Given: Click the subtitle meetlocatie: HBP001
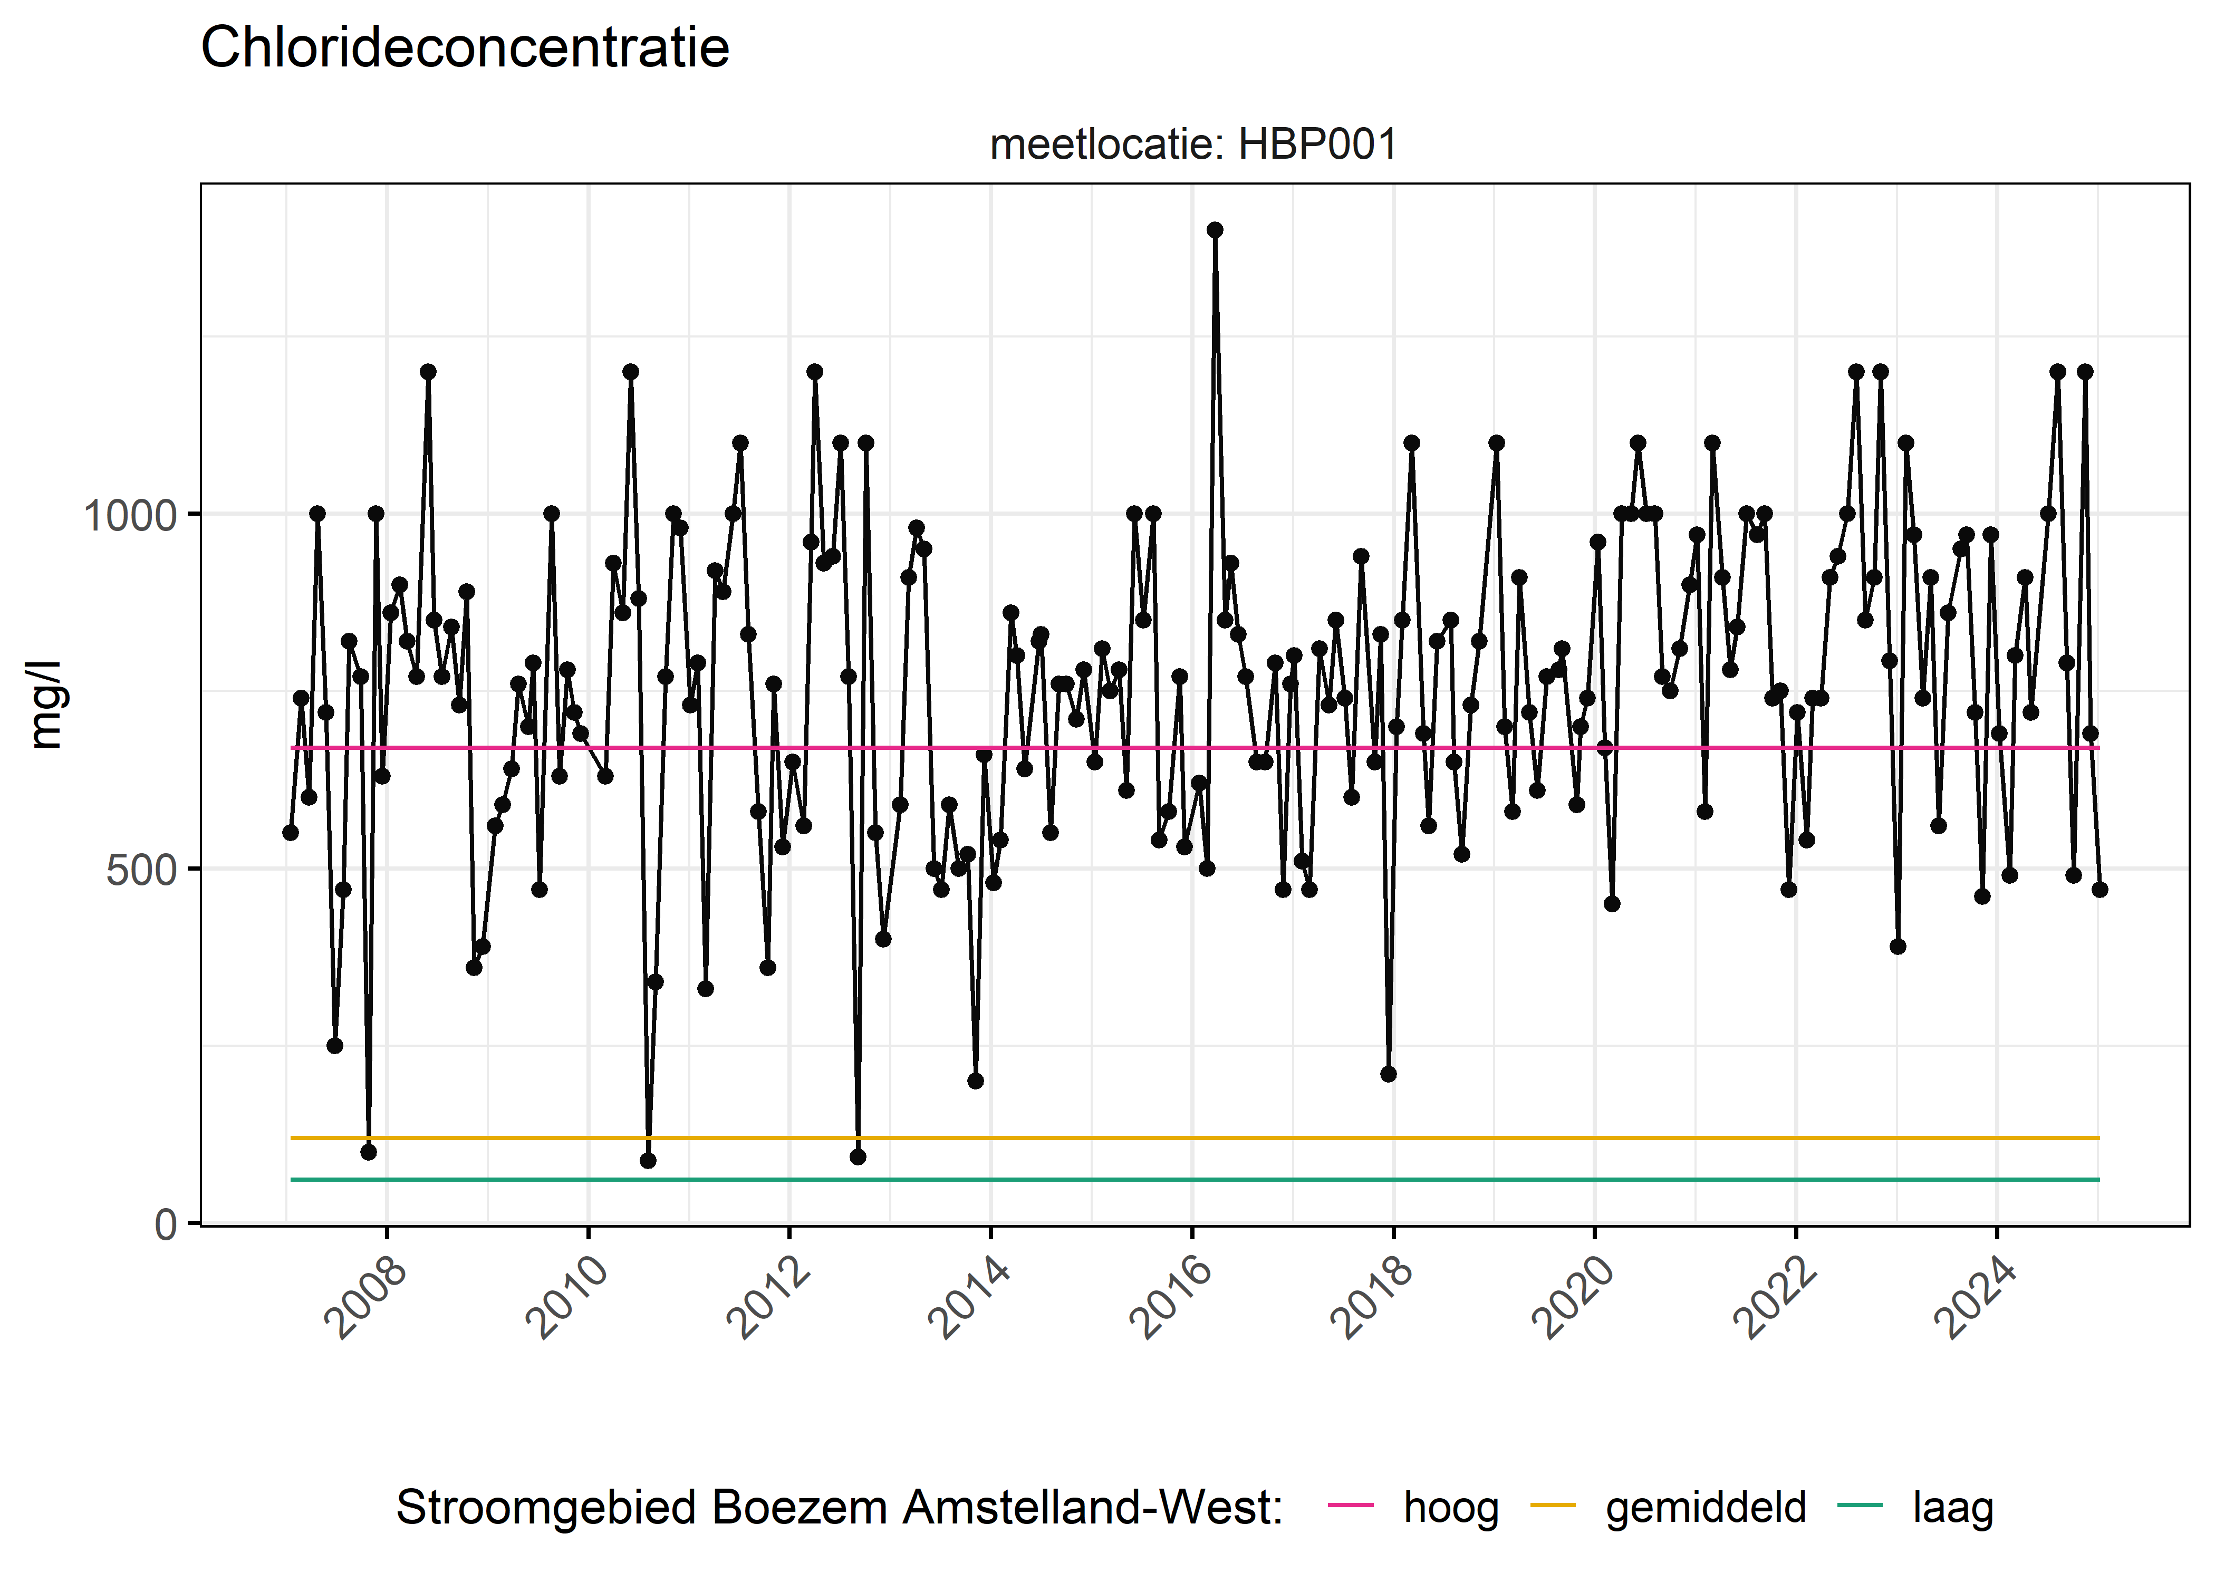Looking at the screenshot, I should [1193, 145].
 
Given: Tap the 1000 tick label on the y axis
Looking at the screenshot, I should [130, 514].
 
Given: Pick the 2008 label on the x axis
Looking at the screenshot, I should [365, 1298].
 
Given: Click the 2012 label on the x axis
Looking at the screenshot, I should [768, 1298].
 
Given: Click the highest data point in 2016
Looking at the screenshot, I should [1215, 230].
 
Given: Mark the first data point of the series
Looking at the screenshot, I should [290, 833].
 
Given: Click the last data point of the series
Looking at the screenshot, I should [2099, 890].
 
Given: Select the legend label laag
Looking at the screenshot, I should [1953, 1507].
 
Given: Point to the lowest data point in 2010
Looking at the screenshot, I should [648, 1160].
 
